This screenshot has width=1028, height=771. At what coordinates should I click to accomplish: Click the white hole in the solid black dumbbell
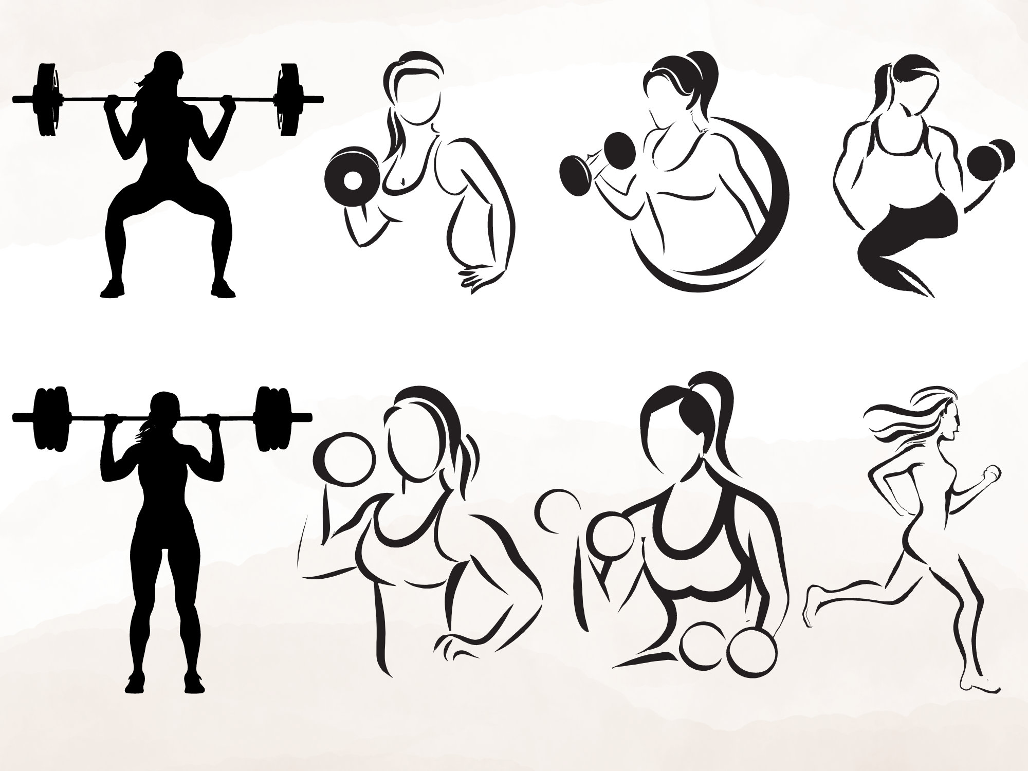point(352,180)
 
